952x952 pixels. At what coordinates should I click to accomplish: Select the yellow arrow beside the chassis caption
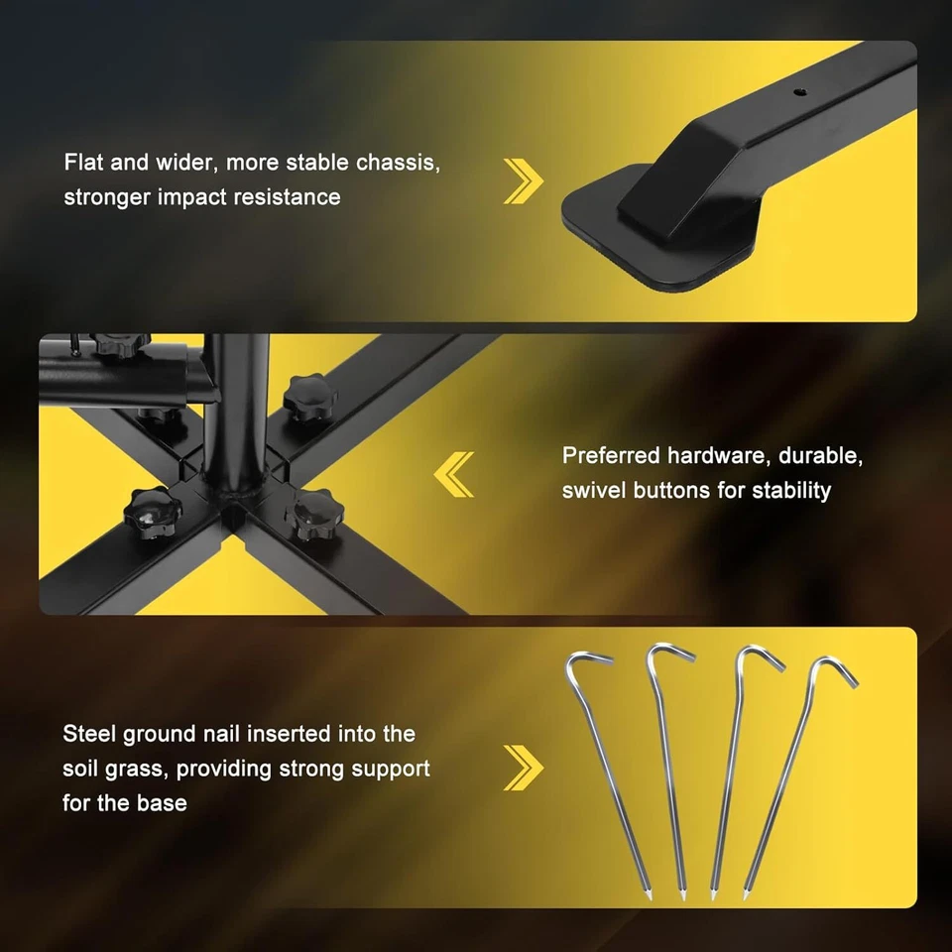[524, 179]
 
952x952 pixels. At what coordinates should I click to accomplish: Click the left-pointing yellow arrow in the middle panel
[454, 473]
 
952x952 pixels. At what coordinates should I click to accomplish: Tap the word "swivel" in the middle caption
[596, 490]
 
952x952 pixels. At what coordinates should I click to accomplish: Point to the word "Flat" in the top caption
[84, 163]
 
